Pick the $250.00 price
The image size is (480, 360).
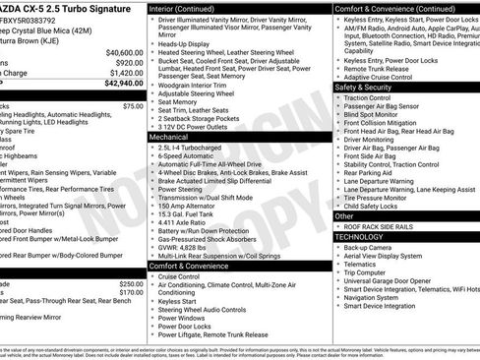(x=131, y=283)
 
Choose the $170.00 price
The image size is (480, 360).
(x=131, y=292)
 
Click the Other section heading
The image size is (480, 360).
(x=345, y=215)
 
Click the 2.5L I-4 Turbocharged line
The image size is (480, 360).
(x=192, y=149)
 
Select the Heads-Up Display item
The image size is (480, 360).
(x=186, y=44)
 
